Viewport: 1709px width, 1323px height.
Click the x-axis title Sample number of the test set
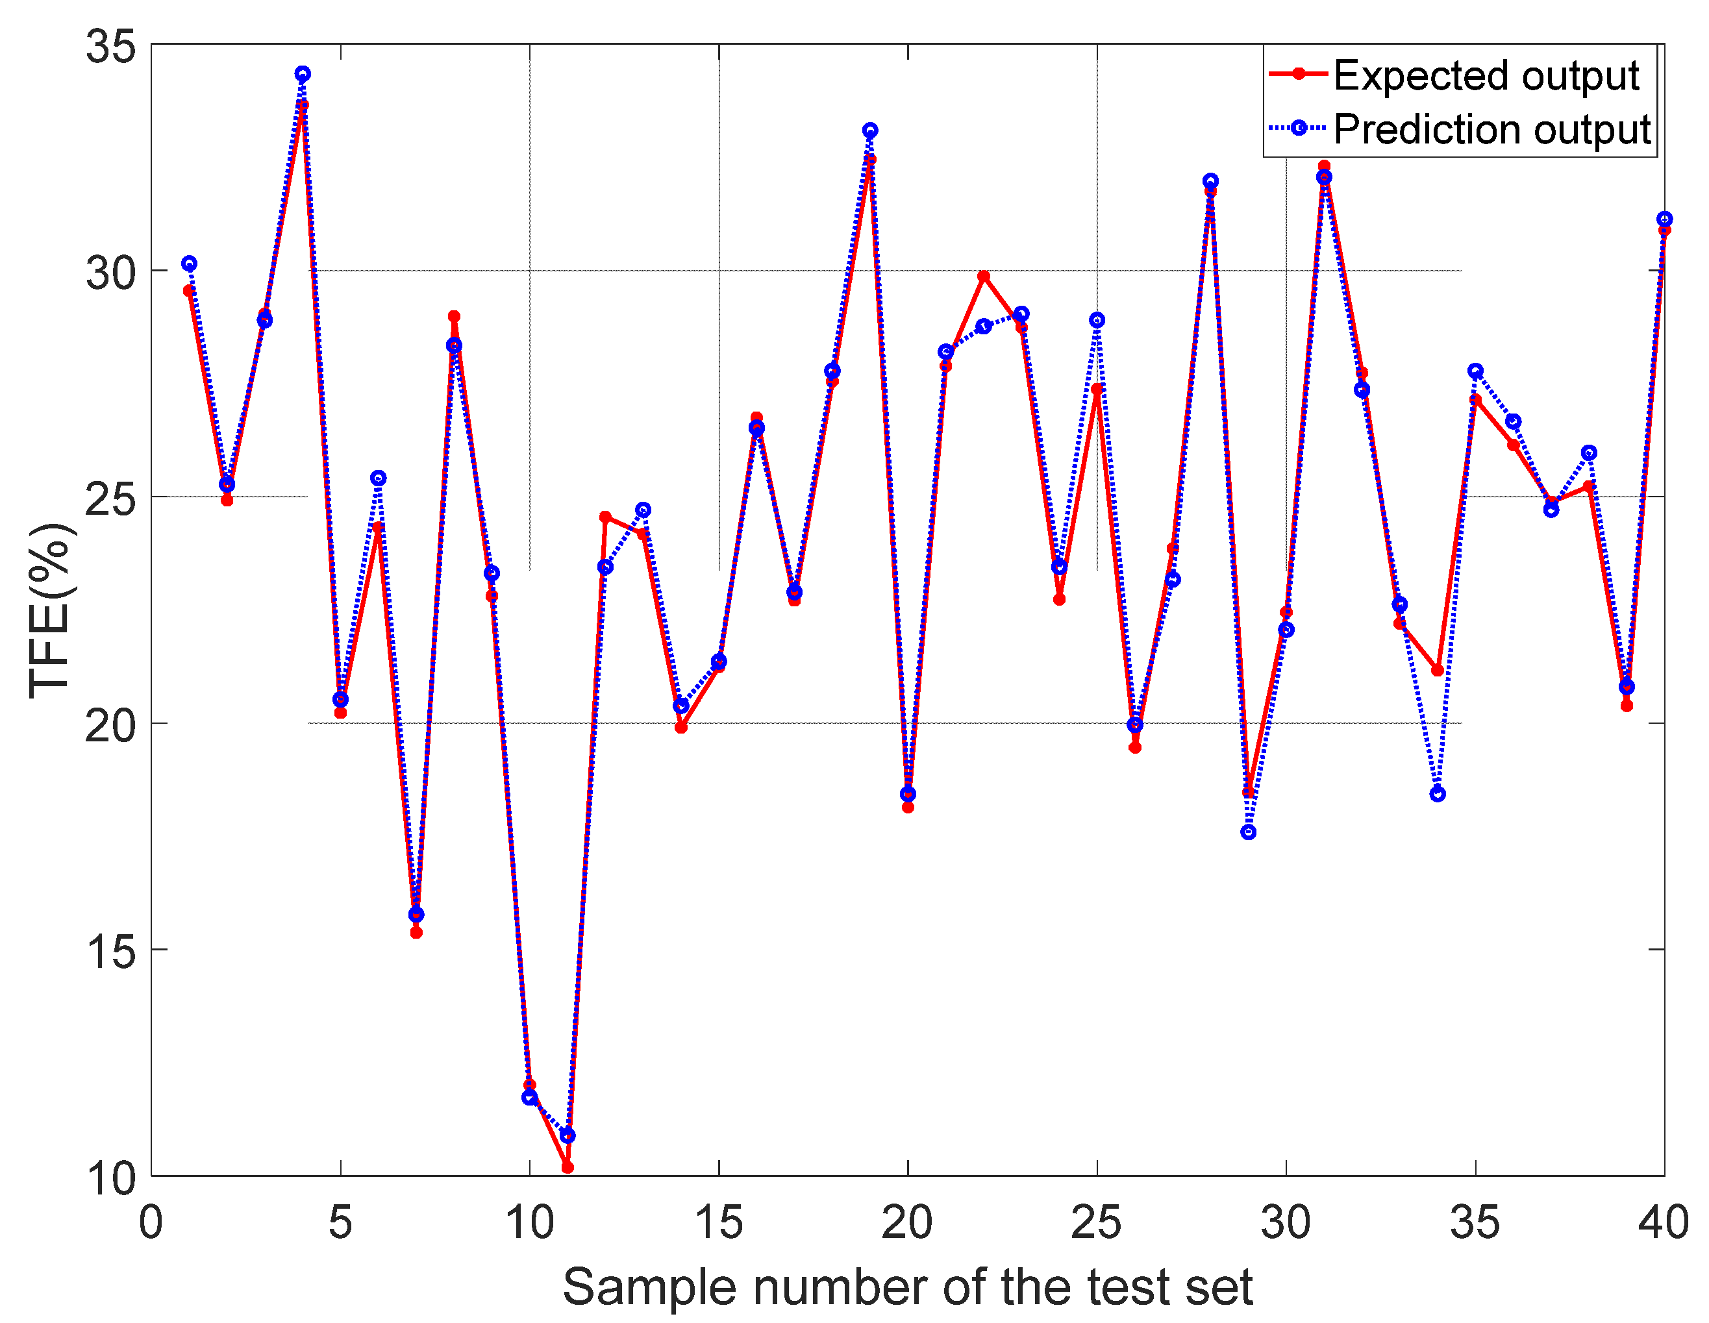908,1287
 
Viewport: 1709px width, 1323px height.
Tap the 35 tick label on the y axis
110,46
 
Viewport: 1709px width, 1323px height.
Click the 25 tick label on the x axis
1096,1223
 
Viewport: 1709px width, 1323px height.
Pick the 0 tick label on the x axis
151,1223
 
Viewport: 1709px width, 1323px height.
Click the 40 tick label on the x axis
1663,1223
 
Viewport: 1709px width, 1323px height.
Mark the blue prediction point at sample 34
1438,794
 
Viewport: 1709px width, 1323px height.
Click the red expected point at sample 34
1438,671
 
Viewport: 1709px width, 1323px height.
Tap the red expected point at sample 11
568,1167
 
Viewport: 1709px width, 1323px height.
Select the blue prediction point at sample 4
303,73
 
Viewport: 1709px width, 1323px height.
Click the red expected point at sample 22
984,276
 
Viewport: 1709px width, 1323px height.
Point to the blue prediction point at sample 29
1248,832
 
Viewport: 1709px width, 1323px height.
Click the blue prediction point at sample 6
378,478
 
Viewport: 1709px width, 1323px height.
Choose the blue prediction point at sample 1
190,264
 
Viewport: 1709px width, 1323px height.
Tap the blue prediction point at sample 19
870,130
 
